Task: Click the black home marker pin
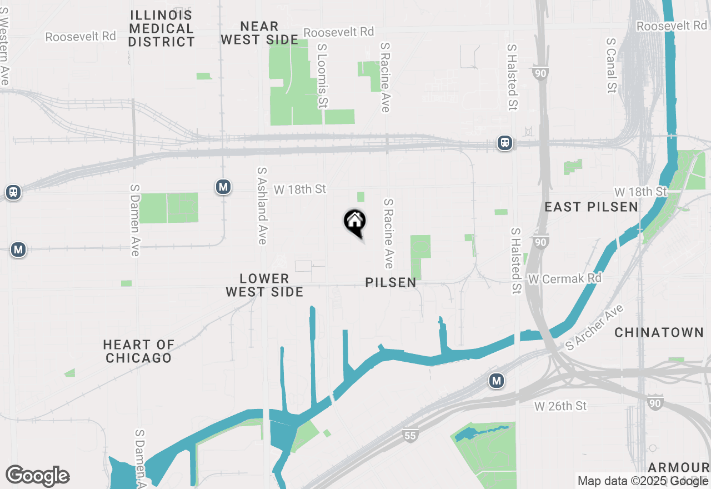click(x=354, y=222)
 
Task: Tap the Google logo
click(x=38, y=476)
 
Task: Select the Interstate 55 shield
click(x=410, y=436)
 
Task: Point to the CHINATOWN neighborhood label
click(x=659, y=333)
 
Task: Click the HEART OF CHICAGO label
click(x=139, y=351)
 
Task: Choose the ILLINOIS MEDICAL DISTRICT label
click(x=162, y=28)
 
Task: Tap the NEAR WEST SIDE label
click(x=259, y=33)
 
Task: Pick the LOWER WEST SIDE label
click(x=264, y=285)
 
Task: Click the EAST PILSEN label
click(x=591, y=207)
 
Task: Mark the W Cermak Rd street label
click(x=564, y=278)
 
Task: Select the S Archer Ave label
click(x=595, y=327)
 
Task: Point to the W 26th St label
click(x=560, y=406)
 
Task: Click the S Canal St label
click(x=612, y=65)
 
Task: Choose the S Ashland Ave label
click(x=262, y=206)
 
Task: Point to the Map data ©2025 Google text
click(x=642, y=481)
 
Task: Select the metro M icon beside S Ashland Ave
click(x=223, y=187)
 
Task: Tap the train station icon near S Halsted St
click(x=505, y=143)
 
